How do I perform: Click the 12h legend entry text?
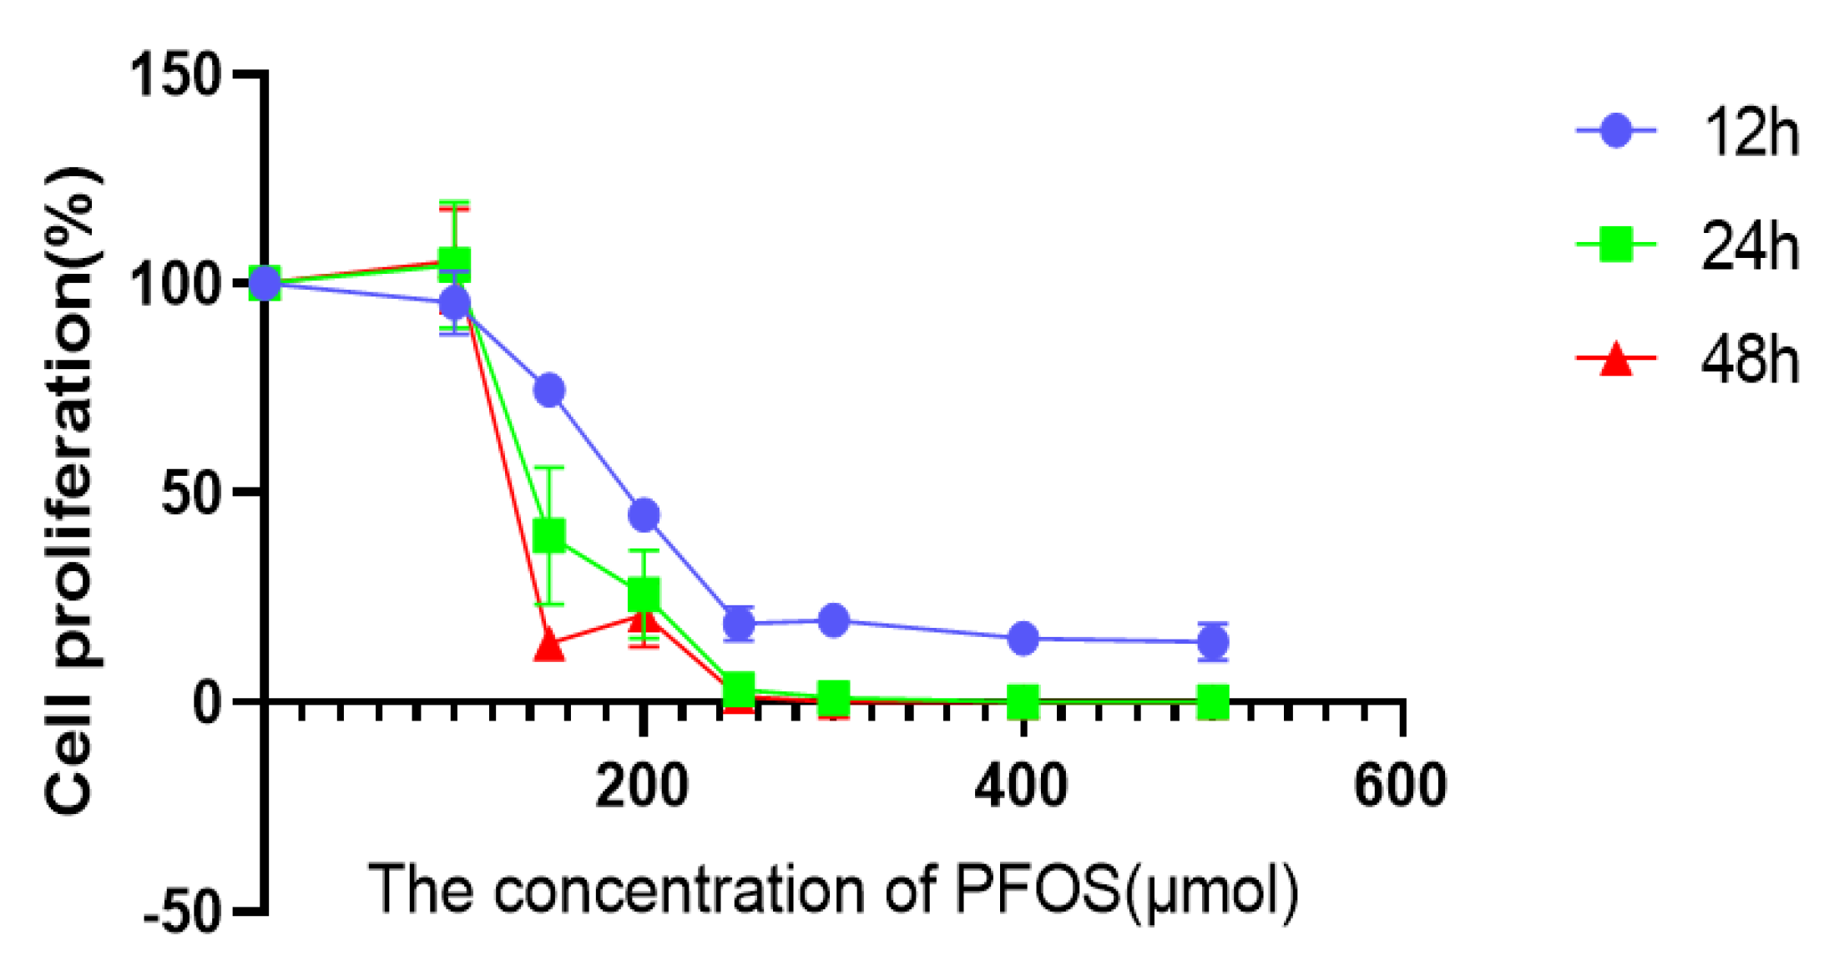click(1750, 134)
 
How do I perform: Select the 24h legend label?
click(1750, 247)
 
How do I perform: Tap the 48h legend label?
click(1750, 361)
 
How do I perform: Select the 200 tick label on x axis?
click(642, 786)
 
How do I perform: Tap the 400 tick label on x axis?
click(1021, 786)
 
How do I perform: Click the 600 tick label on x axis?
click(1400, 786)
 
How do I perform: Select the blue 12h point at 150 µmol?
click(548, 390)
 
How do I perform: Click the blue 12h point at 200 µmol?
click(644, 514)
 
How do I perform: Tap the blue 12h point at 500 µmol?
click(1212, 642)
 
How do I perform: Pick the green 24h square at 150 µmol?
click(548, 535)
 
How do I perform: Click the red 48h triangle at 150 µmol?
click(548, 645)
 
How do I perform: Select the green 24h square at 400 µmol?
click(1023, 701)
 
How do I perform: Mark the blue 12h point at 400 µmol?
click(1023, 639)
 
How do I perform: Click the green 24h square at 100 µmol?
click(454, 262)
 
